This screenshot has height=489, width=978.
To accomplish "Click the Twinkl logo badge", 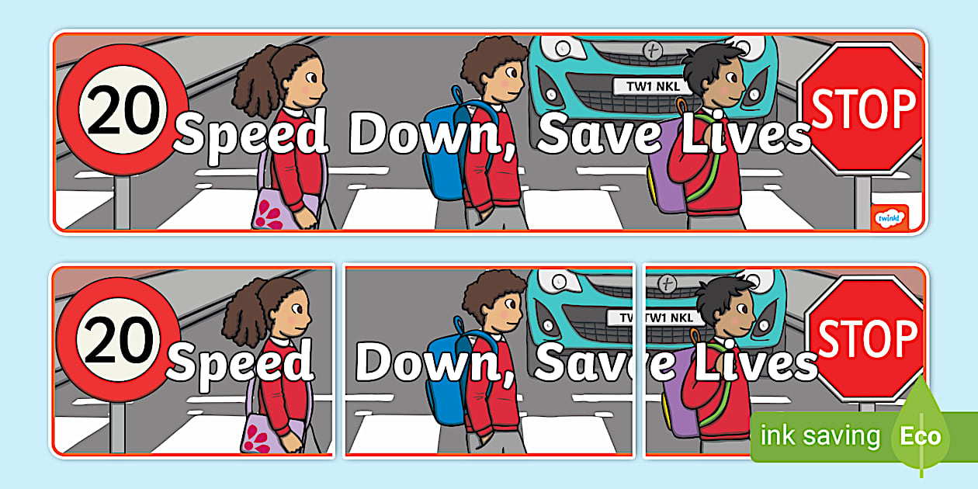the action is tap(890, 217).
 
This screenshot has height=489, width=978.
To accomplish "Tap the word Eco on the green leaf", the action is tap(921, 436).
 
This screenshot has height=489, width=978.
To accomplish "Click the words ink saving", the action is tap(820, 435).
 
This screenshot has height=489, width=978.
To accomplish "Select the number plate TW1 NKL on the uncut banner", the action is tap(653, 86).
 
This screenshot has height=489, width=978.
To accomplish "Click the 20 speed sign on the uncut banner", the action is tap(123, 109).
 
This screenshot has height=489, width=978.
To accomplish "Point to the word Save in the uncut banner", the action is tap(599, 134).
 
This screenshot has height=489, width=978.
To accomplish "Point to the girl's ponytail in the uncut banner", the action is tap(255, 83).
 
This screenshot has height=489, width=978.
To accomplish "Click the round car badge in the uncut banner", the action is tap(652, 50).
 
